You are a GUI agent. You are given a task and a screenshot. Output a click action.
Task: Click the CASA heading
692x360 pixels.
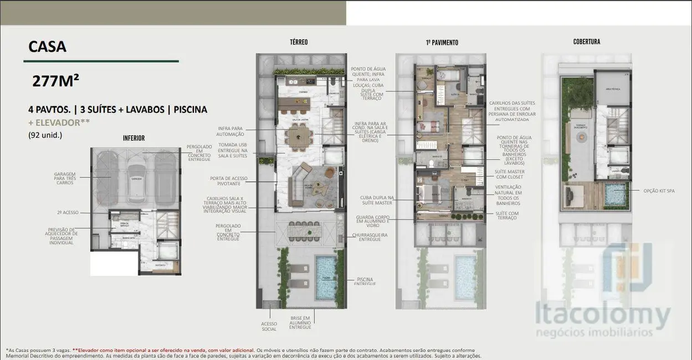coord(47,47)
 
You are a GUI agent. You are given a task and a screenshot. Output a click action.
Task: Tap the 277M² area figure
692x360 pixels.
coord(55,81)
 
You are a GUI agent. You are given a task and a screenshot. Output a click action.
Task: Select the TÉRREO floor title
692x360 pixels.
coord(299,42)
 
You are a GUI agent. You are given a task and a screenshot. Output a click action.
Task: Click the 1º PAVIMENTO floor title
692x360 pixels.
coord(442,43)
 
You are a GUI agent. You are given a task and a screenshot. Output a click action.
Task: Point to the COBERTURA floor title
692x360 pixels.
coord(586,42)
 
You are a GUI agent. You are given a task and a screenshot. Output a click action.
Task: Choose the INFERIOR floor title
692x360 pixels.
coord(134,138)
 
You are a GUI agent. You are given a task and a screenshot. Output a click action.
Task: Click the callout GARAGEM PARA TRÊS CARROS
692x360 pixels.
coord(65,177)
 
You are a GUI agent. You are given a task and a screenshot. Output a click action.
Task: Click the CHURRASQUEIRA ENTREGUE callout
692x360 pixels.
coord(370,237)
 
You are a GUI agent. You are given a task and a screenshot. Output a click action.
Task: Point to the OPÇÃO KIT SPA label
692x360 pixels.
coord(659,191)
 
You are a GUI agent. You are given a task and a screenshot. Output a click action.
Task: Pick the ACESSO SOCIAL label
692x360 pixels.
coord(269,326)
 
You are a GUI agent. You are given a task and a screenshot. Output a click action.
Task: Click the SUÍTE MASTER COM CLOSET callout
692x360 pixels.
coord(510,174)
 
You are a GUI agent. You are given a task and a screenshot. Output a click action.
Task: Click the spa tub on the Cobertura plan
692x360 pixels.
coord(614,195)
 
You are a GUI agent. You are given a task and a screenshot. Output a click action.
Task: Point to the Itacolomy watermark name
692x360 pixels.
coord(602,316)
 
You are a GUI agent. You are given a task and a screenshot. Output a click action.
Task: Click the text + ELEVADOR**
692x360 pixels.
coord(58,122)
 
